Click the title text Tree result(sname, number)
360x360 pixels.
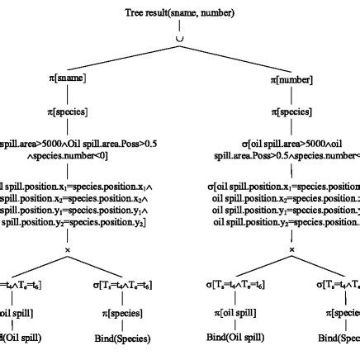point(179,13)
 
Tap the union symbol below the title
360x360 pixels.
point(179,37)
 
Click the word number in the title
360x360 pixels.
point(218,13)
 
